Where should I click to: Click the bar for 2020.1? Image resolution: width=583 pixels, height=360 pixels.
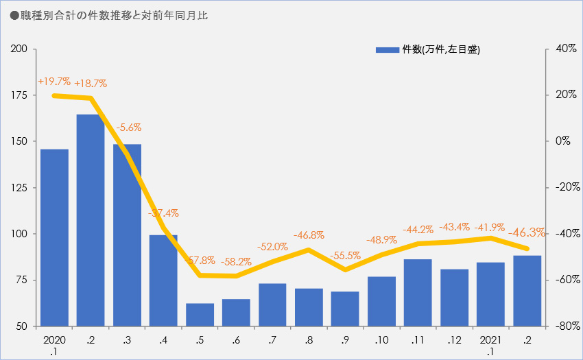coord(54,237)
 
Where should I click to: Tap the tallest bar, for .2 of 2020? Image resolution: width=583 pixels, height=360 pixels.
coord(91,219)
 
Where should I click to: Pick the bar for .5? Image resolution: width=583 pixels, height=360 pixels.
coord(200,314)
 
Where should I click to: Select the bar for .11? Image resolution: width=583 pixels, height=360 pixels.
coord(418,292)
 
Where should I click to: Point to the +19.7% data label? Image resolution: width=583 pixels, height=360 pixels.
coord(54,82)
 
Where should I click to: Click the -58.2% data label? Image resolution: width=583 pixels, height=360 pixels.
coord(236,262)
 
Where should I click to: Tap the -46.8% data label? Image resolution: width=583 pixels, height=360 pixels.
coord(309,236)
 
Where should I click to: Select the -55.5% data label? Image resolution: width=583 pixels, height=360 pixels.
coord(345,256)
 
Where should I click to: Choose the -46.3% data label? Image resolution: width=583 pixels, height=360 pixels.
coord(527,232)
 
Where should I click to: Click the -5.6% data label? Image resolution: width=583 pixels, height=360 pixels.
coord(128,128)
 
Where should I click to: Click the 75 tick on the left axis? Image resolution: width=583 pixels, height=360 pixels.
coord(22,280)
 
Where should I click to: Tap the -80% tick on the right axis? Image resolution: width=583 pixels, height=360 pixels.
coord(560,326)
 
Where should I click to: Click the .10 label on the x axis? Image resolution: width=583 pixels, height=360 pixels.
coord(381,340)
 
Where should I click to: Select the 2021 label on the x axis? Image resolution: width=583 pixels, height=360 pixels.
coord(490,340)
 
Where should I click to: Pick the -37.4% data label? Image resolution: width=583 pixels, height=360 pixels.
coord(163,213)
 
